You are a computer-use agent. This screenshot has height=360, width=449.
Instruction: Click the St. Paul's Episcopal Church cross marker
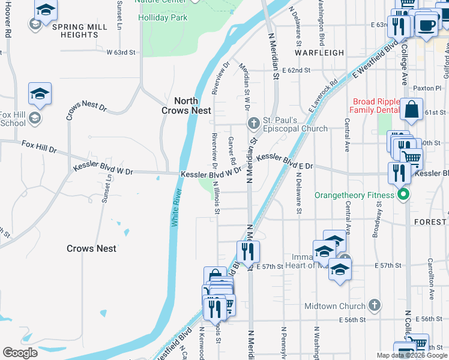253,124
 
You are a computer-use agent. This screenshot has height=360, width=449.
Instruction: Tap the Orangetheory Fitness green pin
404,194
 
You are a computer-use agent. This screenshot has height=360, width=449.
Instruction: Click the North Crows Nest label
186,106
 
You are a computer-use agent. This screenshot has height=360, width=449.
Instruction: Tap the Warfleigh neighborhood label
319,53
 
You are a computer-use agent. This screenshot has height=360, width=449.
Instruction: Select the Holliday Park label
163,18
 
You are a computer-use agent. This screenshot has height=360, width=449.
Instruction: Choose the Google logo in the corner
20,353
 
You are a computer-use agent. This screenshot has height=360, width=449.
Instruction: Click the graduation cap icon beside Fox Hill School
40,94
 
